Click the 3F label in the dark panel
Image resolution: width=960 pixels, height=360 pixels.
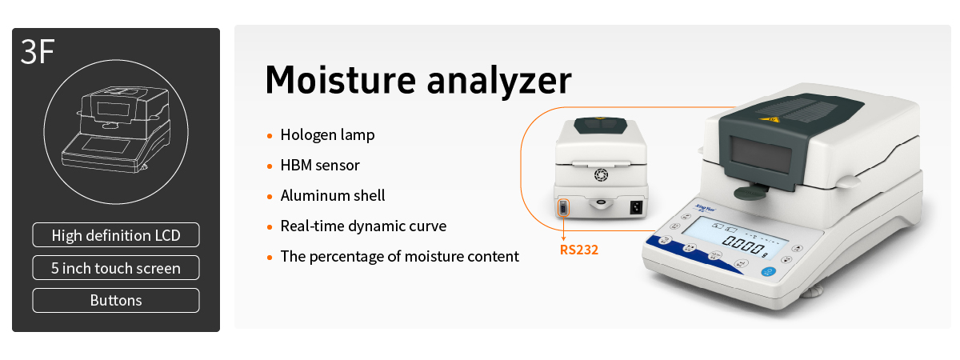tap(38, 52)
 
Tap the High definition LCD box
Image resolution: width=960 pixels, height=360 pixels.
tap(116, 235)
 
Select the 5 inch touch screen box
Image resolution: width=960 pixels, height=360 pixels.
tap(116, 268)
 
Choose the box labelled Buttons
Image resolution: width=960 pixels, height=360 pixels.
tap(116, 301)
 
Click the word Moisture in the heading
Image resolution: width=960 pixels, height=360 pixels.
tap(341, 80)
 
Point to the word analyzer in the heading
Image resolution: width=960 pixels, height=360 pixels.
tap(499, 82)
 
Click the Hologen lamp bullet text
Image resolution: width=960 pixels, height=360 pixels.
tap(327, 135)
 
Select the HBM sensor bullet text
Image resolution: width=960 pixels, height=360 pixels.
tap(320, 166)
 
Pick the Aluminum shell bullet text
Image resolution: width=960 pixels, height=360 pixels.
tap(333, 195)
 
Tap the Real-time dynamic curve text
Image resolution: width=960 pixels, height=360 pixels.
tap(363, 226)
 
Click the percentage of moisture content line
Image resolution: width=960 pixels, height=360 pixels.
tap(399, 256)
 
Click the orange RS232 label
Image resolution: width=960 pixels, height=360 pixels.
tap(579, 250)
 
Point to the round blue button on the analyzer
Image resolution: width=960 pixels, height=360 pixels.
tap(768, 272)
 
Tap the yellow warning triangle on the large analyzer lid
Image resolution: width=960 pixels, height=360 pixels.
tap(770, 119)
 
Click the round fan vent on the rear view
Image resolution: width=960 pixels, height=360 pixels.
tap(601, 174)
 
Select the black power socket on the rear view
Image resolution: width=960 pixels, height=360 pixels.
tap(636, 207)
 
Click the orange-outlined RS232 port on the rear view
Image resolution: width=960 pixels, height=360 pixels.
tap(563, 208)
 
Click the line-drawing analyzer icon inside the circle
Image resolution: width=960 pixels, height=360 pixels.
tap(116, 129)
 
